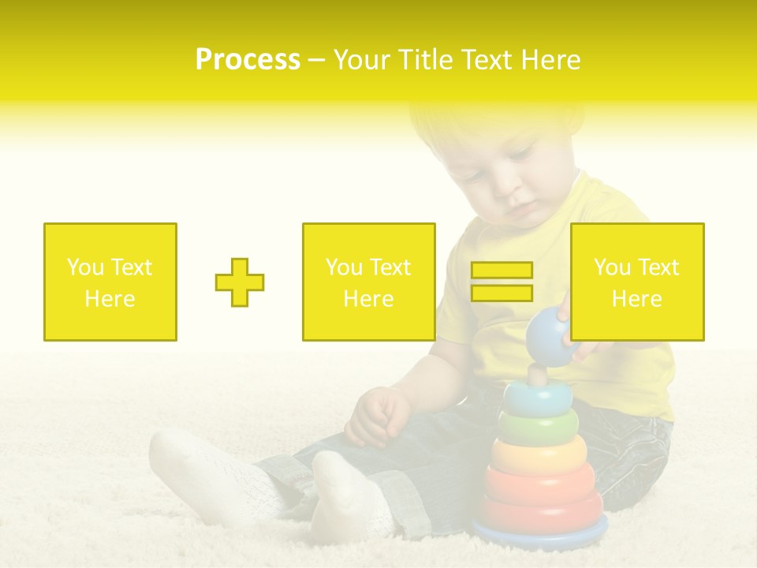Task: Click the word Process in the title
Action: pyautogui.click(x=248, y=60)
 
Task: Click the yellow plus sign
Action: pyautogui.click(x=240, y=282)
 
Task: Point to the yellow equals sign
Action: pyautogui.click(x=502, y=282)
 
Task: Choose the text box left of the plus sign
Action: pyautogui.click(x=110, y=282)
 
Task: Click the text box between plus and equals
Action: pyautogui.click(x=368, y=282)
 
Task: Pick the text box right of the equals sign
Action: pyautogui.click(x=636, y=282)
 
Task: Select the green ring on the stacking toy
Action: pyautogui.click(x=538, y=427)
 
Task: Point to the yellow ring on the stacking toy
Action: pyautogui.click(x=539, y=453)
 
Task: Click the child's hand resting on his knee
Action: pyautogui.click(x=378, y=416)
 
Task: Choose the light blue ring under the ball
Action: pyautogui.click(x=537, y=398)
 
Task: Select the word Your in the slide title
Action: pyautogui.click(x=364, y=60)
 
